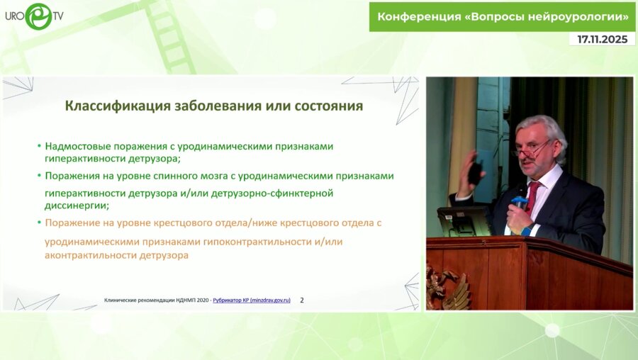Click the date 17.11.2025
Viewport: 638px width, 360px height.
coord(602,39)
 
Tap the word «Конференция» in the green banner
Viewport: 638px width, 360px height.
coord(418,16)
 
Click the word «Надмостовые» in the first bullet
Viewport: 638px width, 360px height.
coord(74,145)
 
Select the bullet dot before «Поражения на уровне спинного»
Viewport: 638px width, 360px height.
coord(39,175)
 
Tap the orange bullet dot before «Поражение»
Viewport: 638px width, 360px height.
coord(39,223)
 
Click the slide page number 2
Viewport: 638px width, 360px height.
coord(302,300)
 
